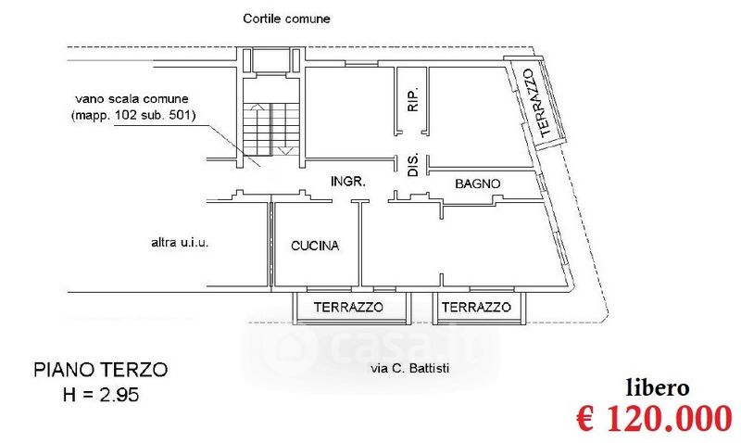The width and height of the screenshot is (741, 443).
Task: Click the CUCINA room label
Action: click(x=315, y=246)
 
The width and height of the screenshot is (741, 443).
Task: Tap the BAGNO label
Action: click(x=477, y=184)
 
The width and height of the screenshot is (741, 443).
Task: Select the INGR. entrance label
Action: click(x=348, y=181)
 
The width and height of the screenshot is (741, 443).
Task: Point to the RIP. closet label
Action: click(x=413, y=99)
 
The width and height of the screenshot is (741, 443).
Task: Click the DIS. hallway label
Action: click(x=413, y=165)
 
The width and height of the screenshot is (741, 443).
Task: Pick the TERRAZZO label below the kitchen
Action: click(x=348, y=308)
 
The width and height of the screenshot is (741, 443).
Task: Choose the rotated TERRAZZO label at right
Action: click(x=537, y=103)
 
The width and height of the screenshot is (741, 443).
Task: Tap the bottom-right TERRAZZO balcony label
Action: click(x=476, y=308)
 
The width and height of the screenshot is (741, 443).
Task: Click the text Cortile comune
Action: click(x=286, y=19)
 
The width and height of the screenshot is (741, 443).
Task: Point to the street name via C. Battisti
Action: click(x=409, y=368)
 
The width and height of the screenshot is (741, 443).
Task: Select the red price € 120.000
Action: click(x=655, y=418)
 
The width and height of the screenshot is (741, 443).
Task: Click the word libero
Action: click(x=658, y=388)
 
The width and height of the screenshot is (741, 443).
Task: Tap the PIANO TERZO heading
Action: click(x=101, y=370)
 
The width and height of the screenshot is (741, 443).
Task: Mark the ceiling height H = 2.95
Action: click(x=101, y=394)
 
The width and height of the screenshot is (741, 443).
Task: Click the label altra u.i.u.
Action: click(x=180, y=243)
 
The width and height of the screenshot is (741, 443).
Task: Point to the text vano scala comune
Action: click(x=132, y=99)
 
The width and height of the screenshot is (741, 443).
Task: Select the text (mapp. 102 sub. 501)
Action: click(x=133, y=115)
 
